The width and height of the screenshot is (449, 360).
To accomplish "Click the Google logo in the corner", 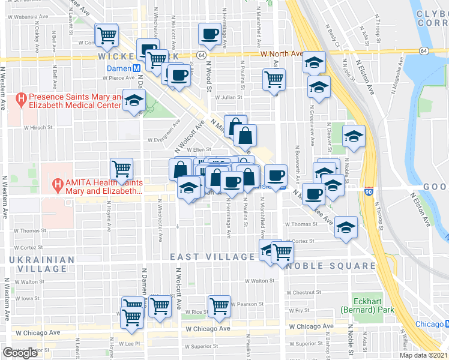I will (20, 353).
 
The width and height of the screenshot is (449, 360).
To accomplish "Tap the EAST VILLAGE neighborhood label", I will (212, 257).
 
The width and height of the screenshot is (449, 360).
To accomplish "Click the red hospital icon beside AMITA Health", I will (58, 185).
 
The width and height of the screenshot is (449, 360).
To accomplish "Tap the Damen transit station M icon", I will (137, 69).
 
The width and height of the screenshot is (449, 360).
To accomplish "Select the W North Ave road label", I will (282, 54).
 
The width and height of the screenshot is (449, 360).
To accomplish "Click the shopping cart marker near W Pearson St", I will (220, 305).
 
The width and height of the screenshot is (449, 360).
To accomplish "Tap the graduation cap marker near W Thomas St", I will (345, 226).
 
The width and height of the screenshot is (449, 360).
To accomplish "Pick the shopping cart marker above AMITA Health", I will (121, 169).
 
